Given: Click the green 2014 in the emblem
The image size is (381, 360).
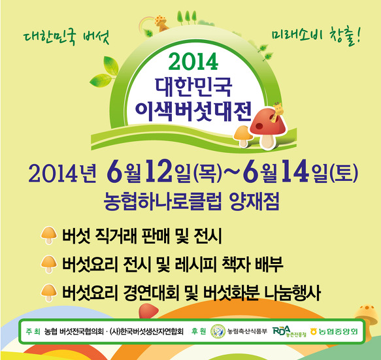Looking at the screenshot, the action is pos(193,61).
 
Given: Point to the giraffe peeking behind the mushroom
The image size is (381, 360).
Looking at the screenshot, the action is pos(277,111).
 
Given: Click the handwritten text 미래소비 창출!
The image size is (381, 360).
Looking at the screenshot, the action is pos(316,37).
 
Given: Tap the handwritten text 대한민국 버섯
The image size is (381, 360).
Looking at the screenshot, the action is pos(66,38).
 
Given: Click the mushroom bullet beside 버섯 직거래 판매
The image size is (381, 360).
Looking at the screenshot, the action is pos(49,235).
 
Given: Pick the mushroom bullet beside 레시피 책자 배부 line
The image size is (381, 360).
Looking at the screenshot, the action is pos(49,264).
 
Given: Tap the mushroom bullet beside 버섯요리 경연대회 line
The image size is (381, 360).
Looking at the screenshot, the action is pos(49,293).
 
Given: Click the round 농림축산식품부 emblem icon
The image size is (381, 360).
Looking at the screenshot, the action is pos(218,331).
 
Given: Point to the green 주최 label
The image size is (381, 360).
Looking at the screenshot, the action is pos(33,331).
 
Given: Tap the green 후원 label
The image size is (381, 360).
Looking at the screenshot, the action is pos(199,331).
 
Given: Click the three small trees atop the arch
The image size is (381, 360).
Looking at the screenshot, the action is pos(187,18).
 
